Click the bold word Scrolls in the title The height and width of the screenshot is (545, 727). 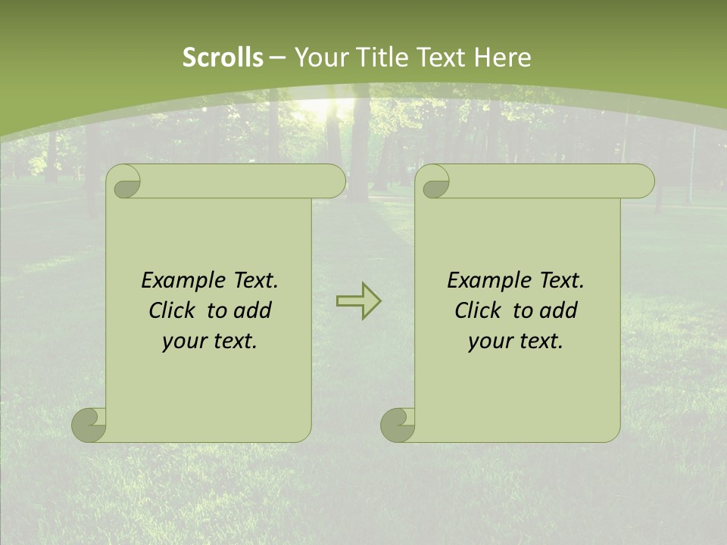223,58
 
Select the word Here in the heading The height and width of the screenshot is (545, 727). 502,58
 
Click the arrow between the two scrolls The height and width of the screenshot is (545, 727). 358,301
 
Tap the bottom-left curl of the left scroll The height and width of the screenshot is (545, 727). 89,425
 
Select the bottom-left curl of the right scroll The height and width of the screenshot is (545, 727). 398,425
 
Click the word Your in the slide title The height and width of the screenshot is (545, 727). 318,58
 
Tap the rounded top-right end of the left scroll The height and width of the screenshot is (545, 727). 333,182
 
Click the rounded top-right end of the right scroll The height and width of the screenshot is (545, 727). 642,182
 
